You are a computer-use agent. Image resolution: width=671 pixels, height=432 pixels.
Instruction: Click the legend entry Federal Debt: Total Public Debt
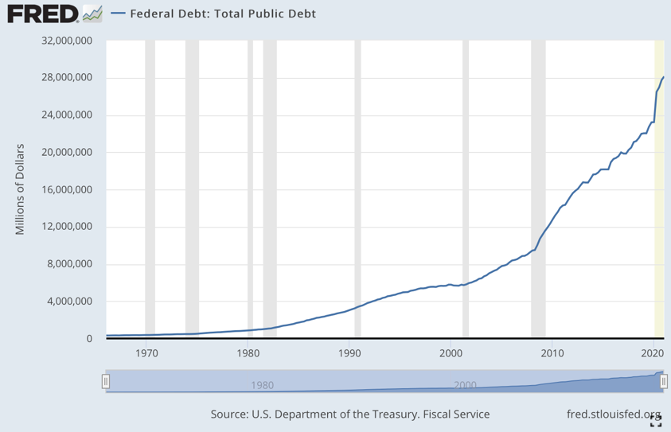pos(211,14)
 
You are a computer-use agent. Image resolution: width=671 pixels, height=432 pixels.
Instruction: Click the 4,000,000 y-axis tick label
pos(66,302)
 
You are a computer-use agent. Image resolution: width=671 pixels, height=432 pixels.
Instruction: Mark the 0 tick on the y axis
pos(89,339)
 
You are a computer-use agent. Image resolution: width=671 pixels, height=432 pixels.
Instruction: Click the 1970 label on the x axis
pos(146,352)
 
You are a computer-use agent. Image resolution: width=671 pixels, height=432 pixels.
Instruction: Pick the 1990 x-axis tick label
pos(349,352)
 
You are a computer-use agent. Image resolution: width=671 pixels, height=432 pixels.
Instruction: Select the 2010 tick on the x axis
pos(552,352)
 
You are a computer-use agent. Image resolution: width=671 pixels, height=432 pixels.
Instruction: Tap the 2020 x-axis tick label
pos(653,352)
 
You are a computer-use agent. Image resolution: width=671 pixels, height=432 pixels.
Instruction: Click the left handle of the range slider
pos(105,382)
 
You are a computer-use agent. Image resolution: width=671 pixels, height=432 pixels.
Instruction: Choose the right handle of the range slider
pos(663,382)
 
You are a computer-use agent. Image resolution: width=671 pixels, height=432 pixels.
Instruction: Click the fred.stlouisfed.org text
pos(614,414)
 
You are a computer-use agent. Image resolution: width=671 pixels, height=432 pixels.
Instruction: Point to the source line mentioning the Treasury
pos(349,414)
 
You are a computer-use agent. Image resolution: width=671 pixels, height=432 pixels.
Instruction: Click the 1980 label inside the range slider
pos(262,385)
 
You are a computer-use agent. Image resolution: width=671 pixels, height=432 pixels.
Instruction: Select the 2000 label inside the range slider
pos(465,385)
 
